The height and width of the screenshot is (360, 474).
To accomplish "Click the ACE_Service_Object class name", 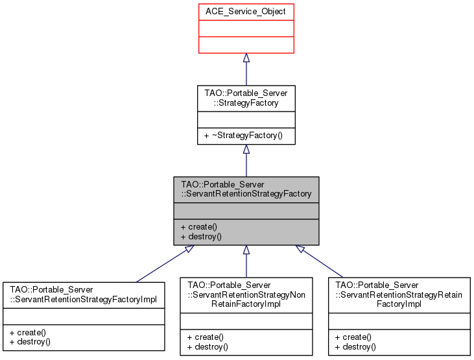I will click(x=246, y=11).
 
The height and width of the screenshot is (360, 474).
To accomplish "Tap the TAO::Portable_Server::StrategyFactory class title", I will click(x=246, y=98).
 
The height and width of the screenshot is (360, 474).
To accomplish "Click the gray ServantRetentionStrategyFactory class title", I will click(x=246, y=189).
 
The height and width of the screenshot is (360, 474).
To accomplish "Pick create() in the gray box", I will click(x=199, y=227).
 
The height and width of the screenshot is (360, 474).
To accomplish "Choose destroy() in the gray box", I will click(x=202, y=237).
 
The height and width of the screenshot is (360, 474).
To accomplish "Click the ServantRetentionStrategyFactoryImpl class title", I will click(x=84, y=294).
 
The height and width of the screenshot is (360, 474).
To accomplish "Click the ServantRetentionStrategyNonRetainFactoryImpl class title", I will click(x=246, y=294).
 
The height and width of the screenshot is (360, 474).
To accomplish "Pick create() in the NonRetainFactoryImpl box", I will click(x=205, y=337).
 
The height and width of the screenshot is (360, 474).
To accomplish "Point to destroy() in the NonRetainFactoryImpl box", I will click(x=207, y=346).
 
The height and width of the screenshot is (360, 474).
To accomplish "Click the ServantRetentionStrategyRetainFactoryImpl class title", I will click(x=399, y=294).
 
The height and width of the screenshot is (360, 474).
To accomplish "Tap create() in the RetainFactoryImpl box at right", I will click(x=353, y=337).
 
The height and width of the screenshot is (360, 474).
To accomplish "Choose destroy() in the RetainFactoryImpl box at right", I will click(x=355, y=346).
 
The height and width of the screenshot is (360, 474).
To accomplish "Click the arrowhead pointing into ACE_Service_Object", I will click(x=246, y=58).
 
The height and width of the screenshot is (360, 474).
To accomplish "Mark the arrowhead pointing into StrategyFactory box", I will click(x=246, y=149).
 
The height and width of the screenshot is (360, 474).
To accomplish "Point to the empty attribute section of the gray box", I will click(x=246, y=211).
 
